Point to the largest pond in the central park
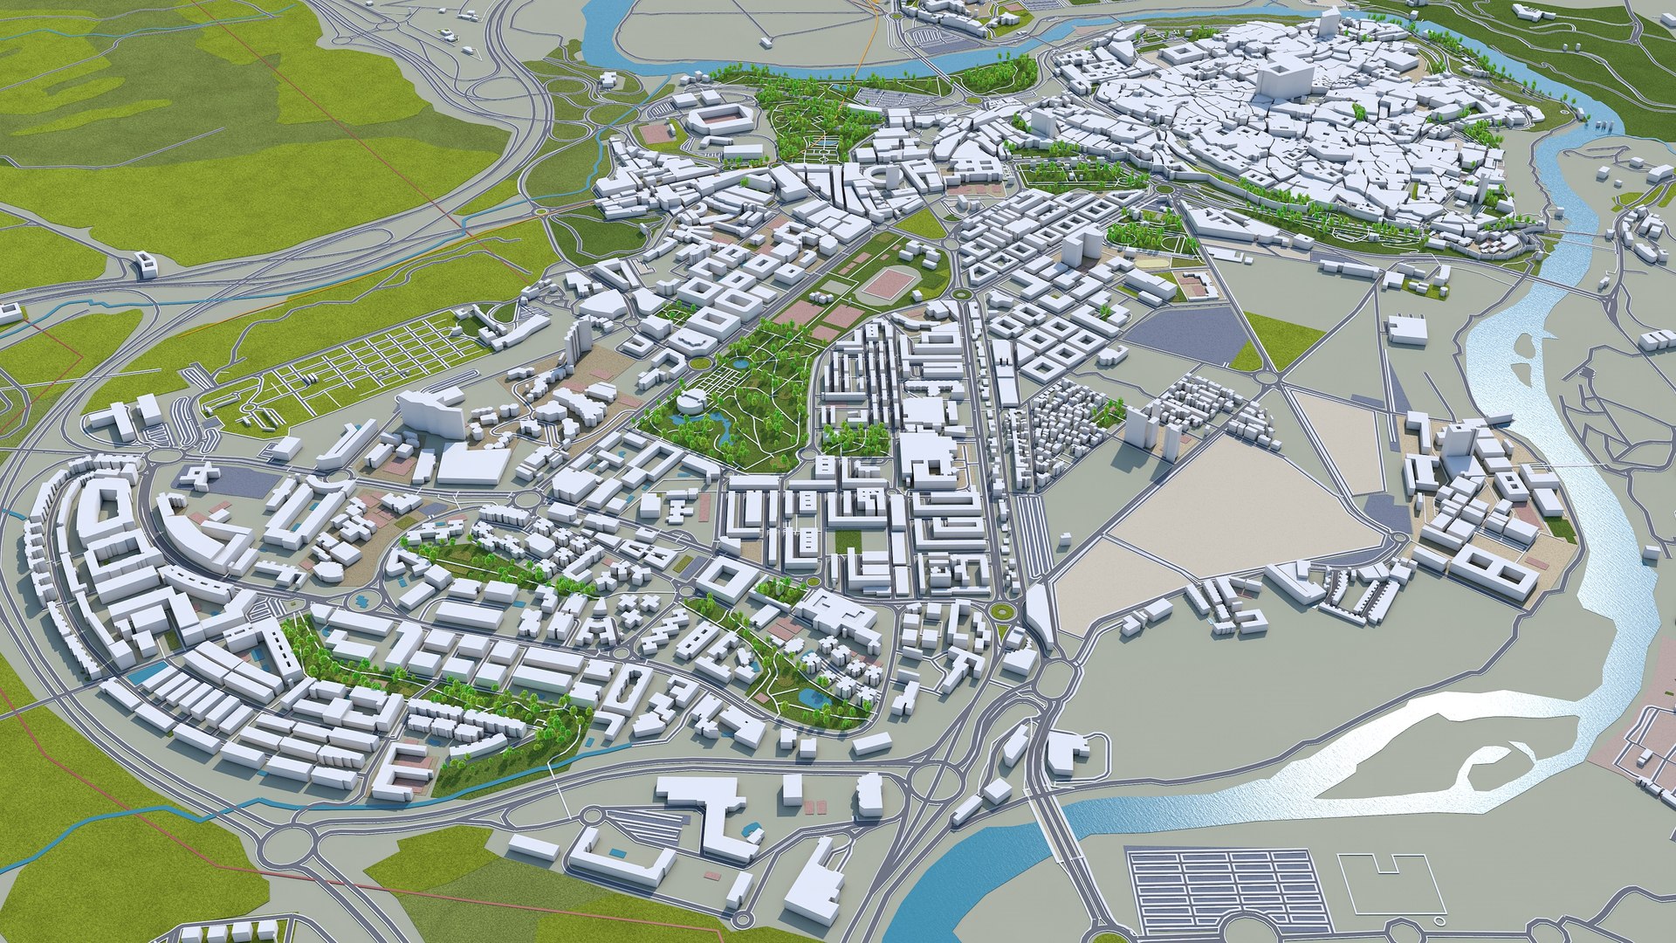coord(724,429)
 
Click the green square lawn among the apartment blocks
coord(847,541)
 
